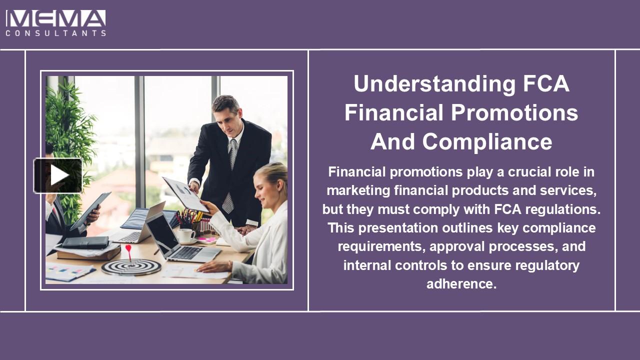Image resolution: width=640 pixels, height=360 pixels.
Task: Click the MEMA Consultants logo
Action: pos(55,23)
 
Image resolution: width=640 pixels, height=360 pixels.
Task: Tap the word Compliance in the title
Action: pos(488,142)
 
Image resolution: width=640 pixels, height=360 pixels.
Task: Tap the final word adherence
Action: pos(461,284)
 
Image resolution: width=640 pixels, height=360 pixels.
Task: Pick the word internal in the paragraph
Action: pos(367,265)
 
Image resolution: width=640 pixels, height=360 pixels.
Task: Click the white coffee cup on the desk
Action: pos(186,235)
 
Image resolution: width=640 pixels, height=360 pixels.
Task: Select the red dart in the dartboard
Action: pos(128,250)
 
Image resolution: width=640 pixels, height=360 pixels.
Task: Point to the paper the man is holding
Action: pos(185,194)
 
